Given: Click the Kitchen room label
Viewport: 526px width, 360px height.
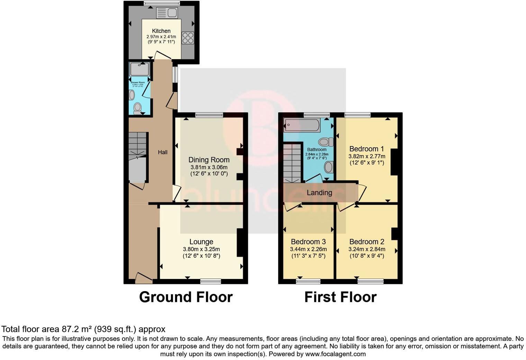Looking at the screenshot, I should click(x=161, y=31).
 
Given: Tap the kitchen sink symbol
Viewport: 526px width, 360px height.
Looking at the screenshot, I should click(x=167, y=13).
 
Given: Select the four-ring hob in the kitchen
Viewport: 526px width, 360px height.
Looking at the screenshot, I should click(x=188, y=38).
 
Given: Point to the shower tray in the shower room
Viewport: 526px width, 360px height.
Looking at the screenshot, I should click(x=139, y=69).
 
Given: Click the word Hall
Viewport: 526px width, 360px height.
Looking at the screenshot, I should click(x=163, y=152).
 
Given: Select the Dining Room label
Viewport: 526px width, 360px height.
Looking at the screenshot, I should click(x=209, y=160).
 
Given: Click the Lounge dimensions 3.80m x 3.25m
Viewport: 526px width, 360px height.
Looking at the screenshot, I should click(x=201, y=249).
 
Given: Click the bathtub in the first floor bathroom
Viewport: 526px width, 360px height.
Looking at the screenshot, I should click(x=301, y=125).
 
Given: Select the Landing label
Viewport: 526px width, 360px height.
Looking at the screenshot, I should click(x=319, y=193).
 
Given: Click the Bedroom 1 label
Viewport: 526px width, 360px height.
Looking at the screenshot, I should click(x=366, y=149).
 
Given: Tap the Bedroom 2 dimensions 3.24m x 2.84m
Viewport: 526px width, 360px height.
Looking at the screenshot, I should click(x=366, y=249).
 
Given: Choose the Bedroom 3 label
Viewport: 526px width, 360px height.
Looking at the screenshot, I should click(x=308, y=242).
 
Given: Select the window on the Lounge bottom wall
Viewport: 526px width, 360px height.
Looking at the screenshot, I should click(x=211, y=281).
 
